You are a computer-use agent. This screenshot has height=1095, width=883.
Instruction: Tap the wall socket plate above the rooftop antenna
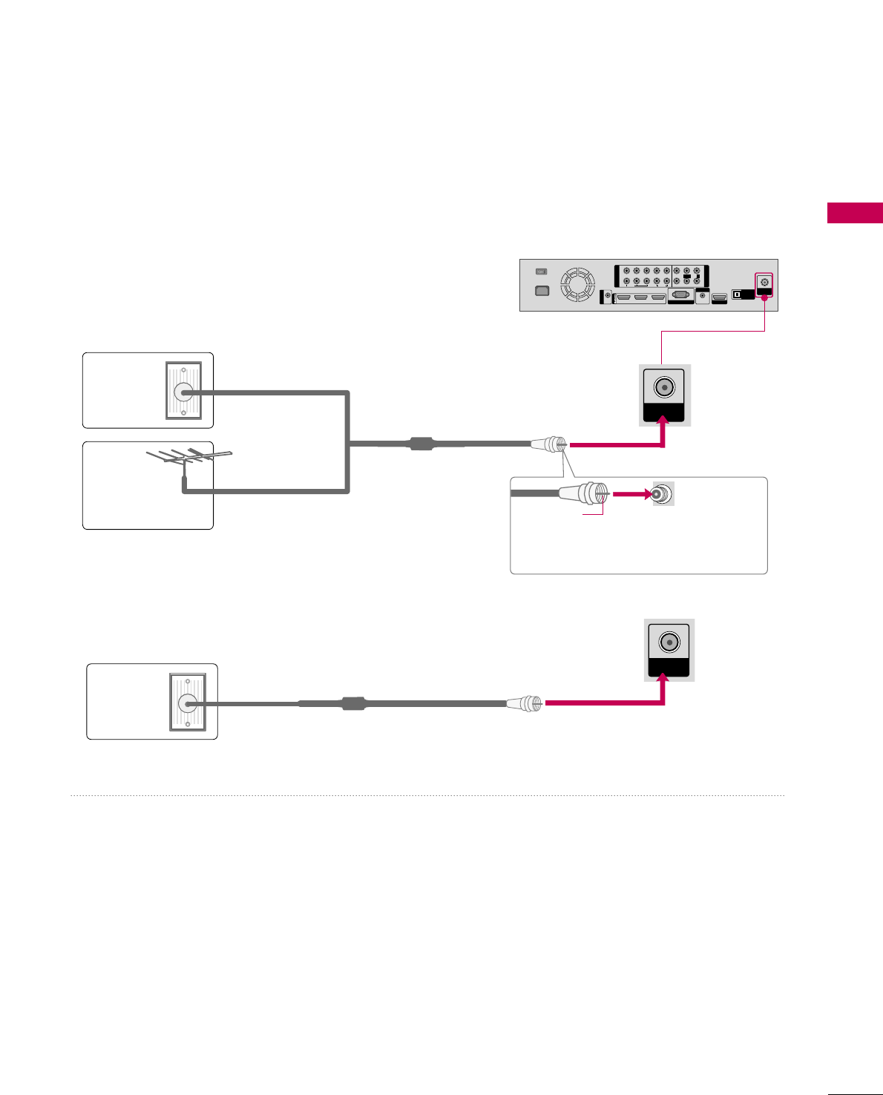click(183, 391)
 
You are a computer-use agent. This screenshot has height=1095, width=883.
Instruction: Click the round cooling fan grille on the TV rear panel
click(578, 285)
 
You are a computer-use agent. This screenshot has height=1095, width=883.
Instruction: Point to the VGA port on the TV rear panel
click(680, 295)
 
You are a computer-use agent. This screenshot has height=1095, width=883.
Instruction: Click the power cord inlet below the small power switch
click(542, 290)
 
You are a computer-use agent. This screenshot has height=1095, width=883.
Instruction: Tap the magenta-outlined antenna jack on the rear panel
click(764, 283)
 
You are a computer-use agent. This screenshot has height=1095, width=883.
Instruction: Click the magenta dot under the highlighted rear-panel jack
click(764, 297)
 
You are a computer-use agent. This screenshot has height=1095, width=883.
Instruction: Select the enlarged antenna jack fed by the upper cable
click(664, 387)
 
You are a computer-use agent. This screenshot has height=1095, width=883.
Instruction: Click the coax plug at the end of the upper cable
click(548, 444)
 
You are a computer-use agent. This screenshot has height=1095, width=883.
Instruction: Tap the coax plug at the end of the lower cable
click(525, 703)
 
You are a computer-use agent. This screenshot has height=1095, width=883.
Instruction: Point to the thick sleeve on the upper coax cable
click(421, 444)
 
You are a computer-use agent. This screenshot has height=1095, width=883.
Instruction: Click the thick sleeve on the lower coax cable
click(353, 703)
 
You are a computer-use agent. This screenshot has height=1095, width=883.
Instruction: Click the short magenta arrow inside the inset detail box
click(631, 493)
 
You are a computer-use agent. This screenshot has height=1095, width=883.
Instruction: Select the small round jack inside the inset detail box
click(663, 493)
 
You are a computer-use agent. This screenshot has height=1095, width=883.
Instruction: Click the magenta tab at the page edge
click(855, 212)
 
